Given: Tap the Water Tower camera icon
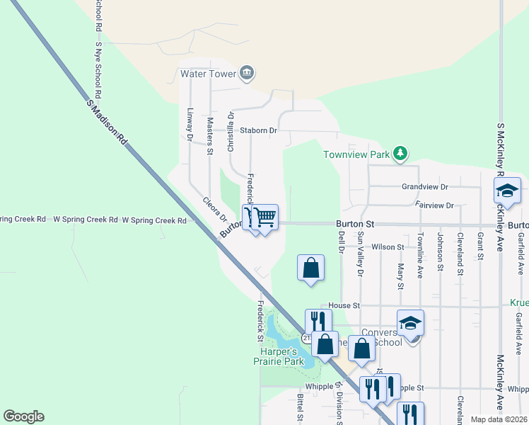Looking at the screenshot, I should tap(247, 72).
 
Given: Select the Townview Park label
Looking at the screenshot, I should tap(357, 154).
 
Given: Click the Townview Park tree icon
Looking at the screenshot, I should tap(400, 153).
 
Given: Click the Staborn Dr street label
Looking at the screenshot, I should tap(258, 130).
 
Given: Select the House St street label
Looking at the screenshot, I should tap(344, 305).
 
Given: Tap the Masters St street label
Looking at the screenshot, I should tap(210, 135).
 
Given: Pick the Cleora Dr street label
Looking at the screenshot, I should tap(214, 210).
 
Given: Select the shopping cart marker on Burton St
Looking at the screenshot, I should tap(264, 217).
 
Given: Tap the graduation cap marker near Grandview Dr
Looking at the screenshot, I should tap(507, 191).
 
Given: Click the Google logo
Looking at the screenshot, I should tap(23, 416).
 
